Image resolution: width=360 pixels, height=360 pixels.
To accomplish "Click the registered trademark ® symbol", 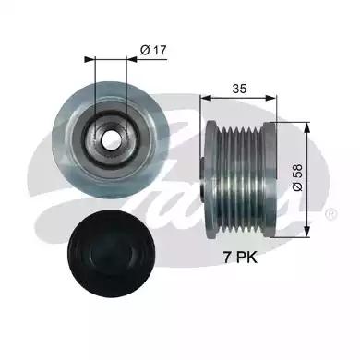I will point(330,214).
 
